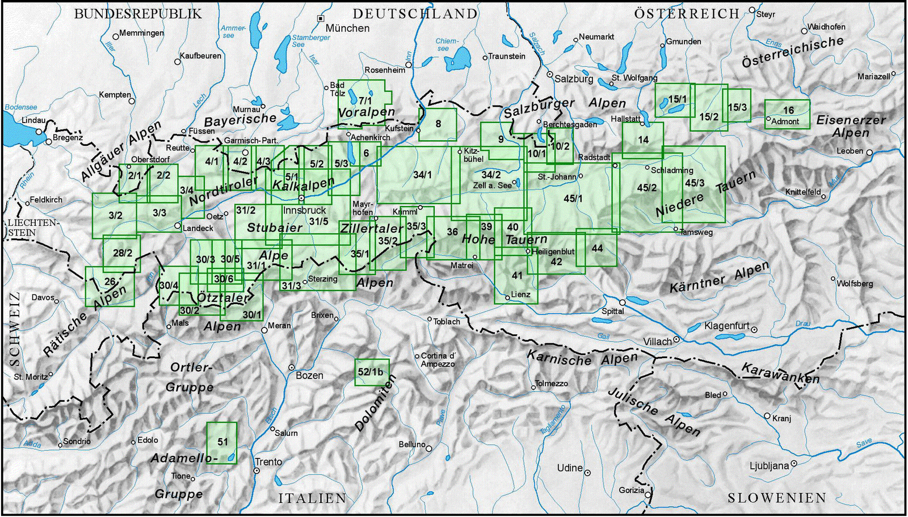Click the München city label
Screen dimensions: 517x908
(347, 28)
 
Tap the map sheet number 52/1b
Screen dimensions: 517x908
(371, 372)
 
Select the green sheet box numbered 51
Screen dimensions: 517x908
(221, 443)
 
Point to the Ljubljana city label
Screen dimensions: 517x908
(769, 466)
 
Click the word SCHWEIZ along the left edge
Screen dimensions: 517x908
(14, 329)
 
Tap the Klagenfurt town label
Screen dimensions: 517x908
(727, 326)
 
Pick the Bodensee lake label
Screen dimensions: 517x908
(21, 107)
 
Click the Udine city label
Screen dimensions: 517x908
(570, 468)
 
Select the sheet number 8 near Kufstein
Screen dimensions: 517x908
(438, 124)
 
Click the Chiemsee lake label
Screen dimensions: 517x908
(447, 45)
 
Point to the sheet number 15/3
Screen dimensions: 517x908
(737, 107)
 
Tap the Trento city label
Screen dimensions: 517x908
(268, 462)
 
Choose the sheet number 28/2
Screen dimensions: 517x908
(123, 253)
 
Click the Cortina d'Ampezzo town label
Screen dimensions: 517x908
(438, 360)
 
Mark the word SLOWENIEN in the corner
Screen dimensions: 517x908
(777, 498)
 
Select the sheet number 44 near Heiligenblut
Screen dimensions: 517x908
(597, 248)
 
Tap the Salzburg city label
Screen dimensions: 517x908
(574, 79)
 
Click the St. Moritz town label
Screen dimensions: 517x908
(31, 377)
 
